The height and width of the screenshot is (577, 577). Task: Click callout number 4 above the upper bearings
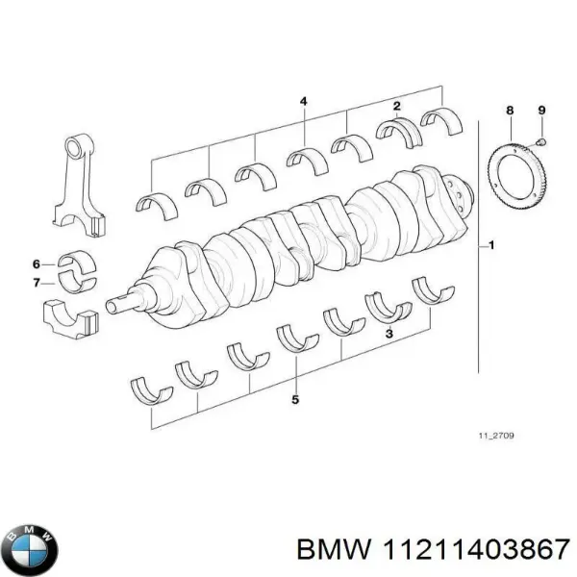pyautogui.click(x=304, y=102)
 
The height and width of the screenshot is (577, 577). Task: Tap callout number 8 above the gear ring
pyautogui.click(x=511, y=111)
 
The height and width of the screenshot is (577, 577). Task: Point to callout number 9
pyautogui.click(x=541, y=111)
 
